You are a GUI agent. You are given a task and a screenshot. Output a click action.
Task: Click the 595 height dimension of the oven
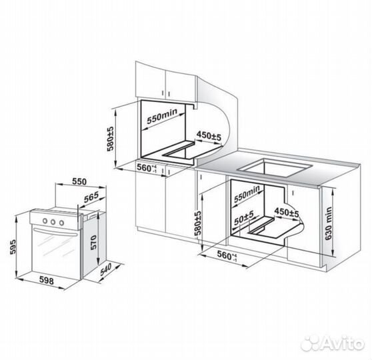tap(13, 247)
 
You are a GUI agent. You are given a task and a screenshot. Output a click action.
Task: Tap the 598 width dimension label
tap(46, 281)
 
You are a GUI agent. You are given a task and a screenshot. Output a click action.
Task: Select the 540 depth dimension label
tap(105, 269)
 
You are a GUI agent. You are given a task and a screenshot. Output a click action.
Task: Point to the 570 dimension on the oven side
tap(94, 242)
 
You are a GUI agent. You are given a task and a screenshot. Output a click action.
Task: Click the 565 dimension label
tap(91, 197)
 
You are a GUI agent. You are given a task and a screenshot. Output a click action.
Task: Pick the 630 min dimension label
tap(329, 223)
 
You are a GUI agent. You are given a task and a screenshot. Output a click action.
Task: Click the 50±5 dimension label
tap(244, 218)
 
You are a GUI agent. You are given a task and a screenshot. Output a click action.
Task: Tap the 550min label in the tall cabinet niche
tap(162, 116)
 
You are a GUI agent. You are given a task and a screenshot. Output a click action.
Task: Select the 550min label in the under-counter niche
tap(247, 194)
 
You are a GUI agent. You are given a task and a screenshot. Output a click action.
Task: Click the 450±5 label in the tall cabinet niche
tap(209, 135)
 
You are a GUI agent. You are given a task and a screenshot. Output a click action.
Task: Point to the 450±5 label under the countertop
tap(287, 212)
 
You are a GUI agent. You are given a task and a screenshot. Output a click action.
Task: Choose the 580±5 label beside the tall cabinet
tap(110, 139)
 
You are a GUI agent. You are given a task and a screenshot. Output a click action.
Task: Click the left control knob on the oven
tap(45, 221)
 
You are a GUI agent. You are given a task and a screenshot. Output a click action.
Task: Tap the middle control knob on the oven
tap(53, 222)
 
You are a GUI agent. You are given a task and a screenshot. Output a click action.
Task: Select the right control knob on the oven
tap(61, 223)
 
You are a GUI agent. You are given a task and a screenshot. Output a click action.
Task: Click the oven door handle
tap(55, 232)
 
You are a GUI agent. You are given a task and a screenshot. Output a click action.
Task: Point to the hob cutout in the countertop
tap(275, 168)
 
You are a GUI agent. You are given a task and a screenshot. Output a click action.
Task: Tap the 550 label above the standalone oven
tap(79, 181)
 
